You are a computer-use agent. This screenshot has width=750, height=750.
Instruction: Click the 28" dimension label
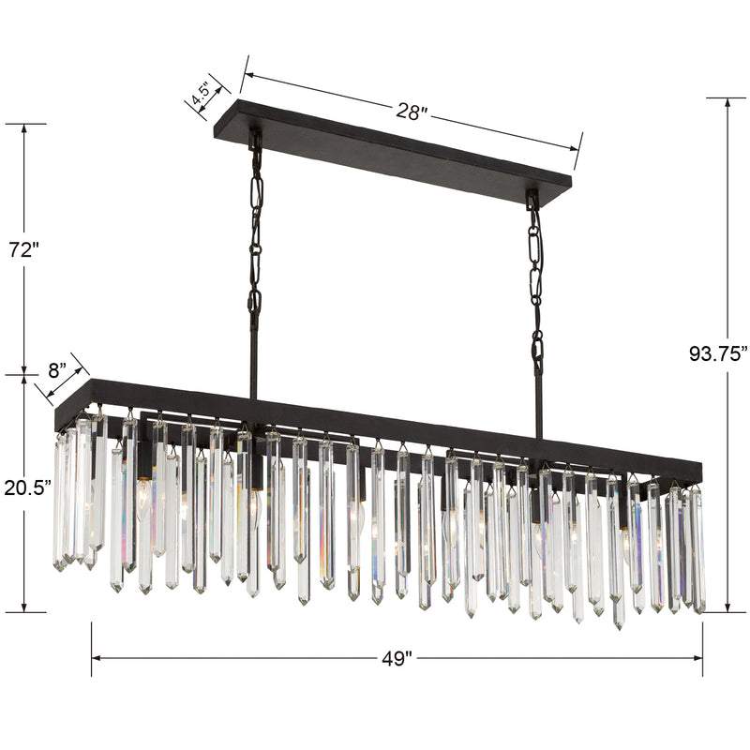click(411, 112)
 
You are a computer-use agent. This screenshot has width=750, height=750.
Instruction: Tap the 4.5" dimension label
click(201, 94)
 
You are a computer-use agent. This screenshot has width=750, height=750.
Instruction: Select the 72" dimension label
click(23, 249)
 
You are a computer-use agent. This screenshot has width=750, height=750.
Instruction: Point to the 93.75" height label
click(718, 353)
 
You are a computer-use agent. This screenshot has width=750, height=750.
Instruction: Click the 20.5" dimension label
click(28, 487)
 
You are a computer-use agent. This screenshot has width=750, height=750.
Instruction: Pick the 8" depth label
click(56, 370)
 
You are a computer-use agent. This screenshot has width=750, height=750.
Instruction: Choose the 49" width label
click(397, 659)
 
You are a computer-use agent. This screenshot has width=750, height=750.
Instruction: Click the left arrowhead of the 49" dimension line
click(96, 658)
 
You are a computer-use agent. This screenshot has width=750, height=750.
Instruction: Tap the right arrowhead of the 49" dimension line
click(697, 658)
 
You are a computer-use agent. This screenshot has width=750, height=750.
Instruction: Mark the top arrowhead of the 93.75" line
click(728, 103)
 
